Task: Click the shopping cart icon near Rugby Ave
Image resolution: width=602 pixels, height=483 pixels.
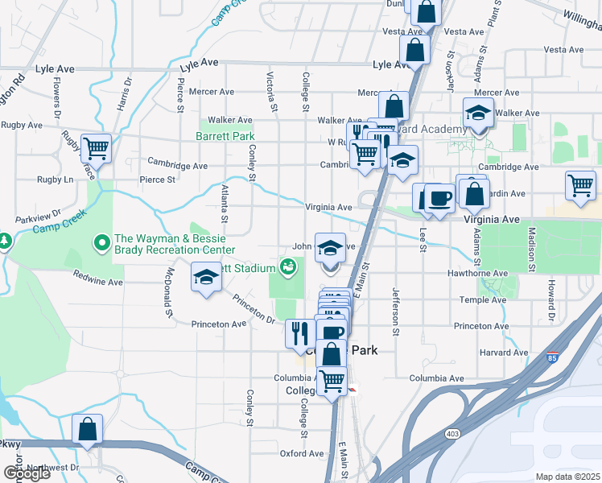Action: click(96, 147)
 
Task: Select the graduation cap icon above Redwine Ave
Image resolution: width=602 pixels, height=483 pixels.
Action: click(206, 279)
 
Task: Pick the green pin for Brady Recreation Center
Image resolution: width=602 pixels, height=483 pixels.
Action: click(101, 241)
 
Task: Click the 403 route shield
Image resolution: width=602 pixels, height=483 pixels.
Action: click(448, 432)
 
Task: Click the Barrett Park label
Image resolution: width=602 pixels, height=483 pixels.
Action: click(225, 136)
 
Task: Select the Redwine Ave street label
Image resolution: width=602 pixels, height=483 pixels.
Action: click(97, 283)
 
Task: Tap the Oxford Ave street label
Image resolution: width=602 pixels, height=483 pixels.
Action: click(302, 453)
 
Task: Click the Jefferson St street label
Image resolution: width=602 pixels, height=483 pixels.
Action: click(395, 310)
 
